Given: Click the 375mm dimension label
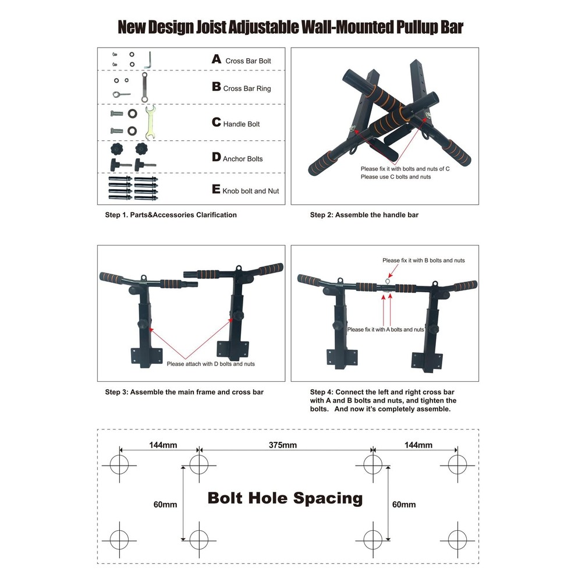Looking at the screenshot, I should pyautogui.click(x=283, y=445).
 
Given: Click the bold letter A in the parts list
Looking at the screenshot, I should pyautogui.click(x=217, y=59).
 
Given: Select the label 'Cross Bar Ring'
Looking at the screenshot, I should pyautogui.click(x=247, y=88).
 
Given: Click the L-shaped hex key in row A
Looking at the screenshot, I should pyautogui.click(x=150, y=59).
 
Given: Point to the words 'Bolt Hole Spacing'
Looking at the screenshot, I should pyautogui.click(x=285, y=498).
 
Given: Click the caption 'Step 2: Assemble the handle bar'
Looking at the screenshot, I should pyautogui.click(x=364, y=215).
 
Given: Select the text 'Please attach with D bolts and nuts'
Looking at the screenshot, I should pyautogui.click(x=211, y=364).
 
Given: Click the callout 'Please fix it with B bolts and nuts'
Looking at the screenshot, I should pyautogui.click(x=423, y=260).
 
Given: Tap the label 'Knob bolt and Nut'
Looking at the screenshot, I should pyautogui.click(x=251, y=191).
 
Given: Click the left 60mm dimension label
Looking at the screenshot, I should pyautogui.click(x=165, y=505).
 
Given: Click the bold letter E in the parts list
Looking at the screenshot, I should pyautogui.click(x=217, y=190).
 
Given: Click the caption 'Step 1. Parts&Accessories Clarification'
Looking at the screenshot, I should pyautogui.click(x=171, y=215).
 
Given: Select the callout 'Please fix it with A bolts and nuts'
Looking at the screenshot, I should pyautogui.click(x=385, y=329).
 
